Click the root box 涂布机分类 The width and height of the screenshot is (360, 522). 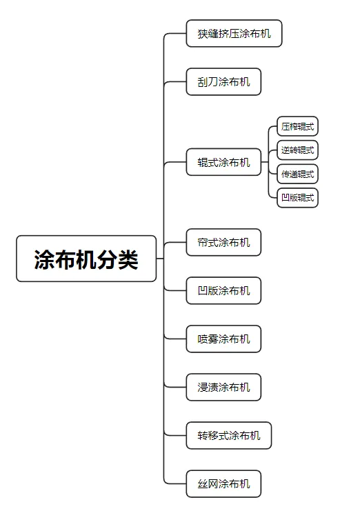pos(86,259)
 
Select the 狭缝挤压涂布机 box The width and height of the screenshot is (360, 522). pos(234,33)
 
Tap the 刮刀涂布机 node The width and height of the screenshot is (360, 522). pos(223,81)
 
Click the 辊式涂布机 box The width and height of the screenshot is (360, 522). pos(223,162)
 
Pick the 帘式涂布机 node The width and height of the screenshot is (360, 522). pos(223,242)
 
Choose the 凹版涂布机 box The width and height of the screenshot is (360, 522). pos(223,290)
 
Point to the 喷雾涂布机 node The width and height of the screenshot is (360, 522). pos(223,339)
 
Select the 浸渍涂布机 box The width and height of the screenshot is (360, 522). pos(223,387)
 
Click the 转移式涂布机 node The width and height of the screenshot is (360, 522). pos(229,435)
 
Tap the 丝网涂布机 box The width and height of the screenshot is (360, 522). pos(223,483)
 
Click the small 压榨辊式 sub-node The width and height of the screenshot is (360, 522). pos(298,126)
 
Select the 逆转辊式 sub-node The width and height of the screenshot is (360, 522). pos(298,150)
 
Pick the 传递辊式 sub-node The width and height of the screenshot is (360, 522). pos(298,174)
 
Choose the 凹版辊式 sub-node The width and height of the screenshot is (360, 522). pos(298,198)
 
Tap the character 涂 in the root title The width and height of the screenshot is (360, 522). pos(45,259)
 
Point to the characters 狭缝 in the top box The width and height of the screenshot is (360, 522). pos(208,34)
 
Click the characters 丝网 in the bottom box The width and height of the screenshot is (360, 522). pos(208,483)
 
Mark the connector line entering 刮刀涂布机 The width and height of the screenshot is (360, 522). pos(175,82)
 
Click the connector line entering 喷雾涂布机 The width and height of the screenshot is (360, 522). pos(175,339)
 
